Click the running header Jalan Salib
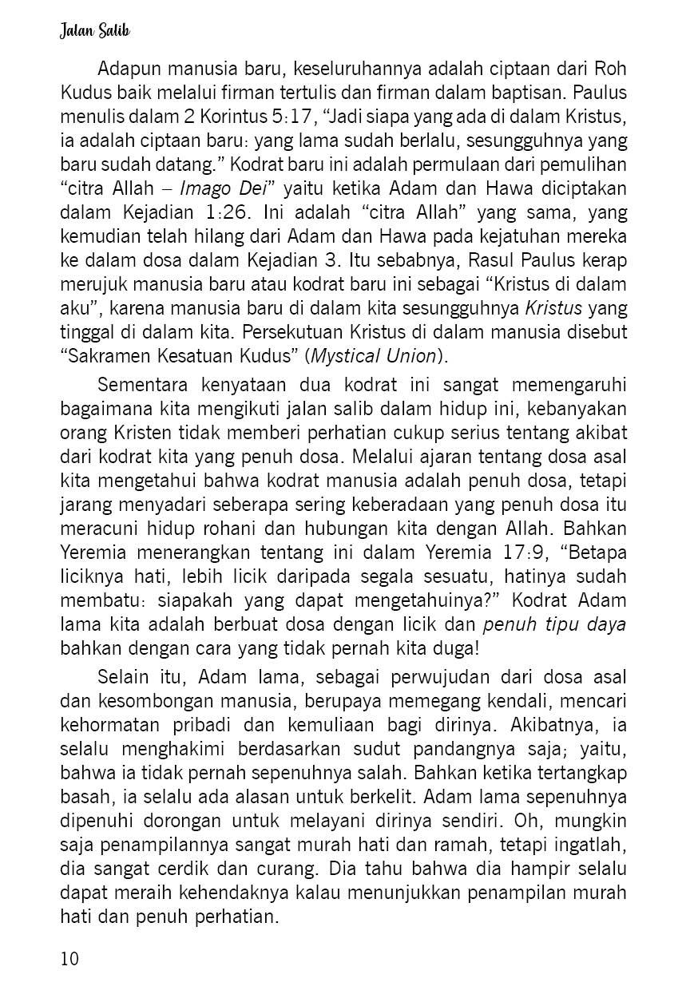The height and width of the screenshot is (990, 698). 93,32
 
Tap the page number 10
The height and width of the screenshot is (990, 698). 69,958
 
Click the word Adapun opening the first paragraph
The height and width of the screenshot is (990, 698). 131,69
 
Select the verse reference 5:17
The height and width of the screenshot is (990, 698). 285,119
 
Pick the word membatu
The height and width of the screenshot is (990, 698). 96,600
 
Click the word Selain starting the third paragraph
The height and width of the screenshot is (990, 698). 123,678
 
